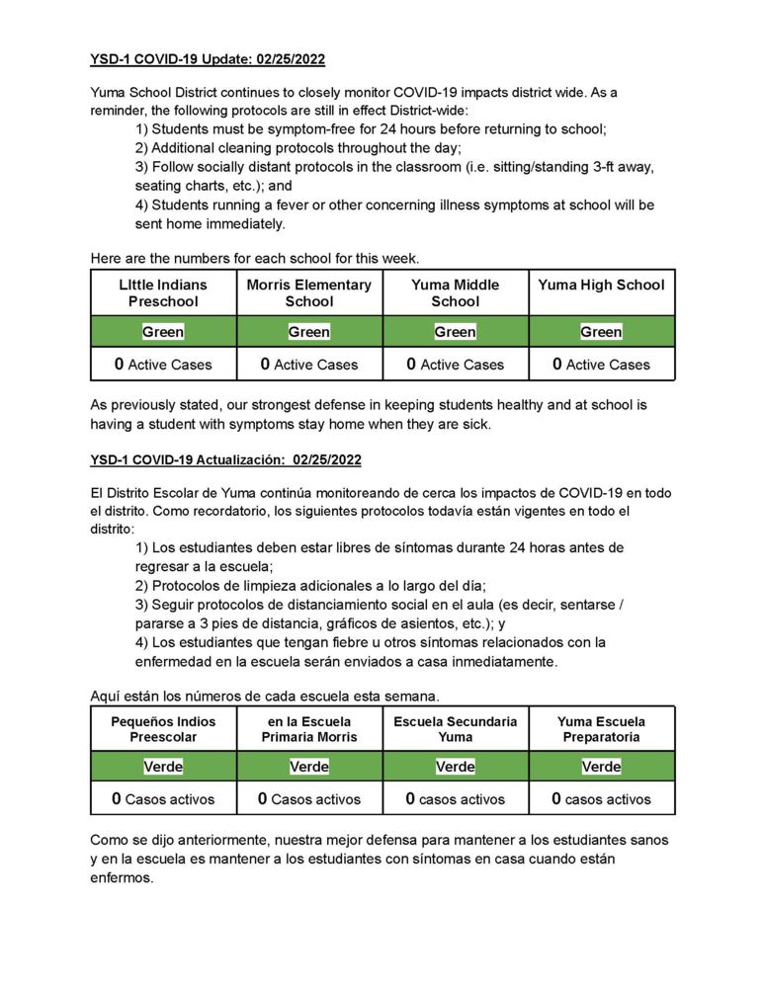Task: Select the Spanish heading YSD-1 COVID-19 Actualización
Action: coord(225,459)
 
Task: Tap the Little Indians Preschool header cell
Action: coord(163,292)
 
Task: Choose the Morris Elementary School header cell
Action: coord(309,292)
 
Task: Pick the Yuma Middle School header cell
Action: coord(456,292)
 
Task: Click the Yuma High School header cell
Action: coord(601,286)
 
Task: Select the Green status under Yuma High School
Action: coord(601,332)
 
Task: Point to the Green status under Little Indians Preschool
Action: coord(163,332)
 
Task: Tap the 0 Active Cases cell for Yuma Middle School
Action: coord(456,365)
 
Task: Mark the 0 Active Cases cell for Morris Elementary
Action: coord(309,365)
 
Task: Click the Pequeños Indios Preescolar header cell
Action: coord(163,729)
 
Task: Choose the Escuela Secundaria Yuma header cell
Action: coord(456,729)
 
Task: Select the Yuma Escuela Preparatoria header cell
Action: coord(601,729)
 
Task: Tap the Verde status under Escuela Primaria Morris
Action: coord(309,767)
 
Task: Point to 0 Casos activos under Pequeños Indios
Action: coord(163,799)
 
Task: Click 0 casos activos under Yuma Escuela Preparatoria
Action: coord(601,799)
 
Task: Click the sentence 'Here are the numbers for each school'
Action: coord(255,259)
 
